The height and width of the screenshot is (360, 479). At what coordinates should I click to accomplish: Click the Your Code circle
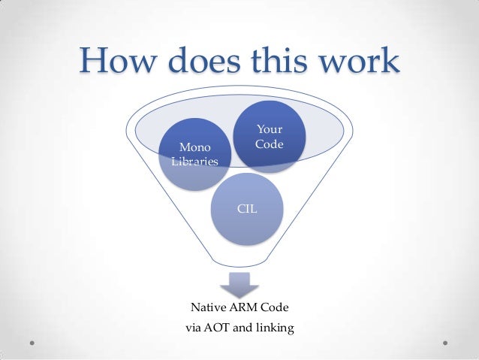269,137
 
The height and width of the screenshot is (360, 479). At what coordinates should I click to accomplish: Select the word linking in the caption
274,328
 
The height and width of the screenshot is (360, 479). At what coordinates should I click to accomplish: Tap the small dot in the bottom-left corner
33,340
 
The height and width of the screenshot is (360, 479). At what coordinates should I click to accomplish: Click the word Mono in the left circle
194,147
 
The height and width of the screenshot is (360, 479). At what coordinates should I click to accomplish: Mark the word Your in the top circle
269,130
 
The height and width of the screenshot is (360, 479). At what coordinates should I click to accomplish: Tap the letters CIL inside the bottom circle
248,207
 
